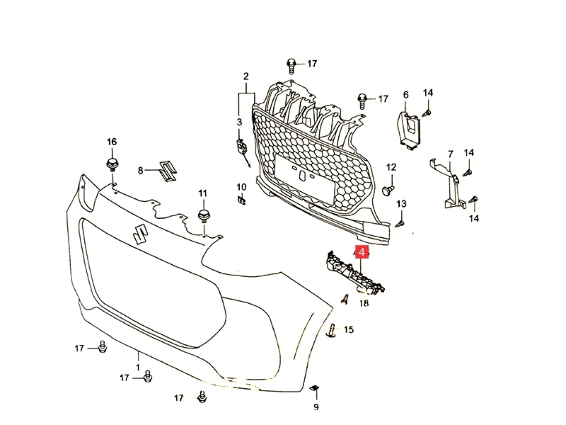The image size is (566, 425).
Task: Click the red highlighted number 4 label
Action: [x=362, y=253]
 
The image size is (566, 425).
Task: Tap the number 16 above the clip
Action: [x=111, y=142]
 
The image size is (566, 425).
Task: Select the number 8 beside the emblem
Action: [x=141, y=170]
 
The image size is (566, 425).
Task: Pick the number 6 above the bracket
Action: [x=406, y=95]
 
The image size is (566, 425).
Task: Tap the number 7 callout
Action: [x=451, y=154]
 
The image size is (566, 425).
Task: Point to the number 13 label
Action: [x=401, y=204]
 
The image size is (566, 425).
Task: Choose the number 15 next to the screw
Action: [x=349, y=329]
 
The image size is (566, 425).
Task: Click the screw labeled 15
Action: [x=333, y=330]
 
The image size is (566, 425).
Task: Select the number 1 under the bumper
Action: [x=138, y=367]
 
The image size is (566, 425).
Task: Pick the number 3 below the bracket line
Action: [x=239, y=122]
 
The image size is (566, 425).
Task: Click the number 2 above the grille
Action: [x=246, y=77]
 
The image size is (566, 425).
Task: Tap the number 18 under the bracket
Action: [x=364, y=304]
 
